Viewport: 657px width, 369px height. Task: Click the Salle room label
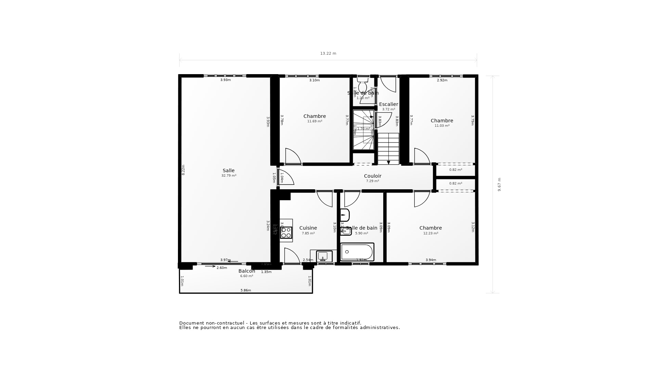[229, 170]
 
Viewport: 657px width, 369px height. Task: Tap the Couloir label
[372, 176]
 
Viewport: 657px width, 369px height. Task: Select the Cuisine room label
[308, 228]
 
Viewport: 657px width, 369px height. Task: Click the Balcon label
[247, 271]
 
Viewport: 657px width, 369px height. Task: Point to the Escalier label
[388, 104]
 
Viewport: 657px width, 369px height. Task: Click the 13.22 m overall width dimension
[328, 53]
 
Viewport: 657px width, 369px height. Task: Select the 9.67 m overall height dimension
[499, 184]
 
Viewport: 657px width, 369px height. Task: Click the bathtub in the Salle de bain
[357, 252]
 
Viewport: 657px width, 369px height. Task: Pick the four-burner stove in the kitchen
[286, 233]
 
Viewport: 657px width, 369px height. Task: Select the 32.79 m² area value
[229, 176]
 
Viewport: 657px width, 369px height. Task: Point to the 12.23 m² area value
[430, 233]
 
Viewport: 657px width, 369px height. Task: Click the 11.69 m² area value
[314, 121]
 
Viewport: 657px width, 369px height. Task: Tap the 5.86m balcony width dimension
[246, 290]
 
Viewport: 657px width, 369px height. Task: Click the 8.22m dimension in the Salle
[183, 170]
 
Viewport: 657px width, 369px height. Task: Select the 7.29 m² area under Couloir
[372, 181]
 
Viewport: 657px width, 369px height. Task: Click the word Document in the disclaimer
[191, 323]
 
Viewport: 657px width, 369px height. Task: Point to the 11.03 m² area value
[442, 126]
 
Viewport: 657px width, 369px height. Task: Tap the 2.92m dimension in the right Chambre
[442, 80]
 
